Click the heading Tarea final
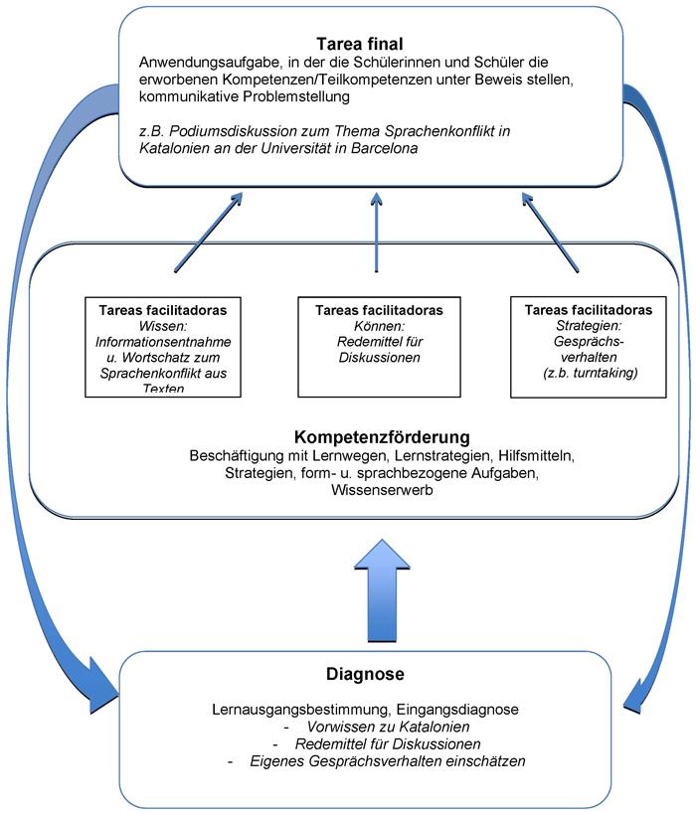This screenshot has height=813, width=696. [x=361, y=45]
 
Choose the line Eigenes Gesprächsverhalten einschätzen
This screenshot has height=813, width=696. [x=375, y=761]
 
